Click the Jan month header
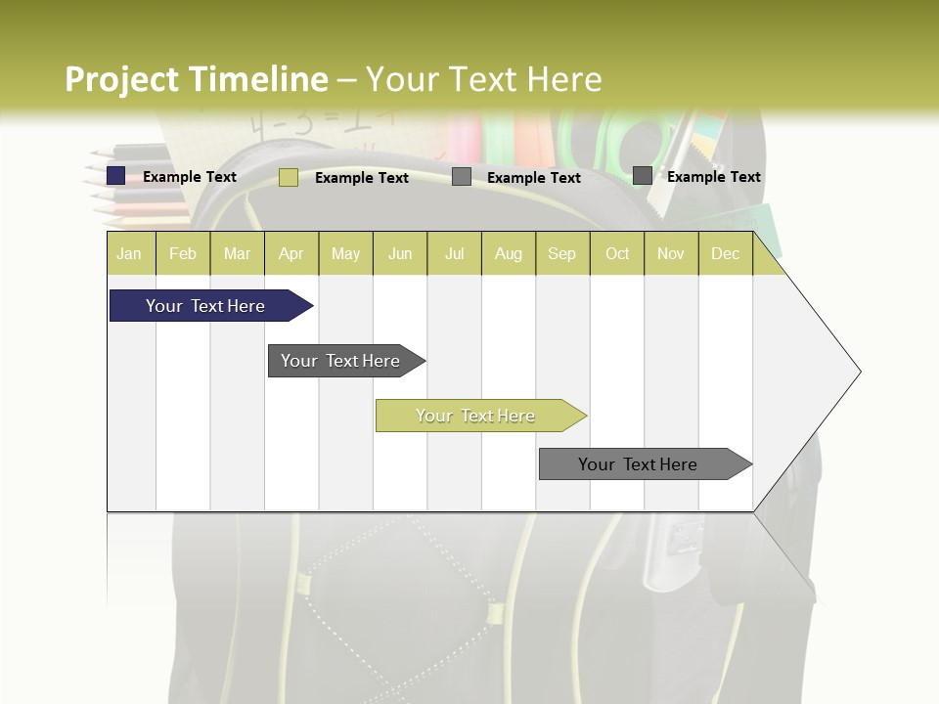pyautogui.click(x=129, y=253)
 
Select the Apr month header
pyautogui.click(x=291, y=253)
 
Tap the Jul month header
pyautogui.click(x=454, y=253)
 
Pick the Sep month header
pyautogui.click(x=561, y=253)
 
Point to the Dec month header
pyautogui.click(x=725, y=253)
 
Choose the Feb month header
pyautogui.click(x=183, y=253)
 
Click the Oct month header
pyautogui.click(x=617, y=253)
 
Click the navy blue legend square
pyautogui.click(x=116, y=176)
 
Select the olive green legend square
pyautogui.click(x=289, y=177)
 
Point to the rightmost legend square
pyautogui.click(x=643, y=176)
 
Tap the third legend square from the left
pyautogui.click(x=462, y=177)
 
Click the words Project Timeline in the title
pyautogui.click(x=196, y=79)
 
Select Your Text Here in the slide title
pyautogui.click(x=484, y=79)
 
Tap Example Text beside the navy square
pyautogui.click(x=190, y=177)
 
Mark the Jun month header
pyautogui.click(x=400, y=253)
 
